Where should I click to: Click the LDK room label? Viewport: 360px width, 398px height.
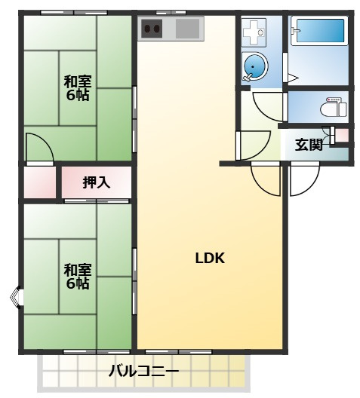(x=211, y=258)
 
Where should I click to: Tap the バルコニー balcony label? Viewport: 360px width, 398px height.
(x=143, y=371)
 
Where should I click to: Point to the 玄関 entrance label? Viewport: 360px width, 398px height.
(x=309, y=144)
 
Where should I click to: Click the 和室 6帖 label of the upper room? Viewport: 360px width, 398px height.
(x=77, y=88)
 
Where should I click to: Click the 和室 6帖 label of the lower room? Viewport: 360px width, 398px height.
(x=77, y=276)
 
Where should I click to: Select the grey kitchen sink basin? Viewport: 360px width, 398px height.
(x=188, y=29)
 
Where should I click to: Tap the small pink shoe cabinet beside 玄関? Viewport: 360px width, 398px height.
(x=342, y=136)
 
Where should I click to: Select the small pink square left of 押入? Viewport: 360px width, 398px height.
(x=39, y=182)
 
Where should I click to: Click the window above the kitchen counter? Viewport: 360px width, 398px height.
(x=171, y=12)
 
